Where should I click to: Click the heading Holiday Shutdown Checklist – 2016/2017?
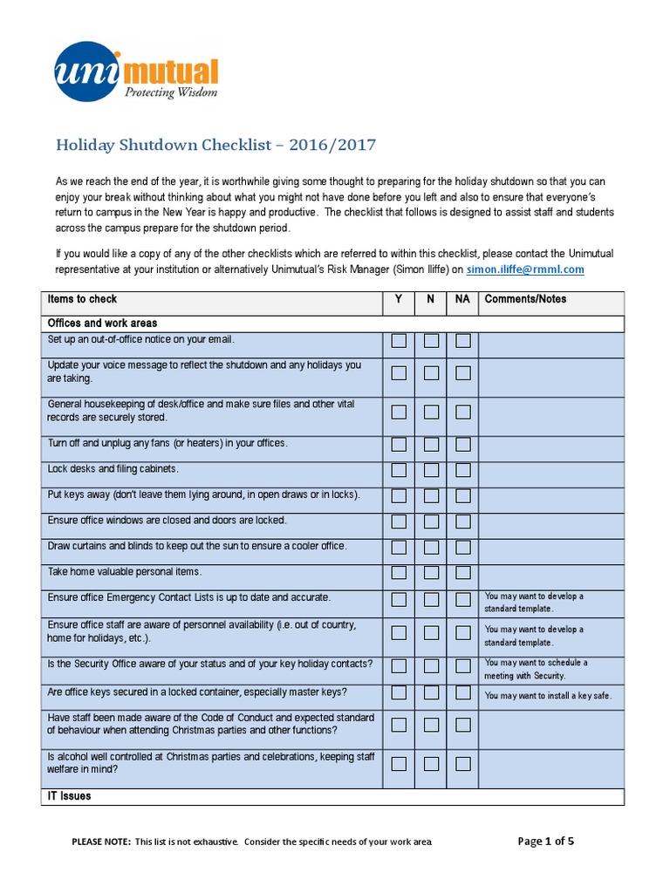(215, 144)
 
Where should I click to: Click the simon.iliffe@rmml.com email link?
(525, 269)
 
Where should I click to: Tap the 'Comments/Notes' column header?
(525, 299)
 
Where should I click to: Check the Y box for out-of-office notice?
(399, 341)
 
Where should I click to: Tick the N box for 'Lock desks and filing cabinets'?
(431, 470)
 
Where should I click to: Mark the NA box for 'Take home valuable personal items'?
(462, 573)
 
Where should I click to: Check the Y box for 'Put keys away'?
(399, 496)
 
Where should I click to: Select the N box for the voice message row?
(431, 373)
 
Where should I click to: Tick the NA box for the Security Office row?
(462, 666)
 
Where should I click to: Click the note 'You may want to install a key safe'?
(548, 696)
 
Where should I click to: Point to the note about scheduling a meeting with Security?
(537, 669)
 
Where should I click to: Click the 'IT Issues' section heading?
(69, 796)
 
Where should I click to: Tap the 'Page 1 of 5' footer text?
(546, 842)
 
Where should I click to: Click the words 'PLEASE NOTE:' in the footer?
(100, 842)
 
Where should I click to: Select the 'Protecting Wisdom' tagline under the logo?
(170, 92)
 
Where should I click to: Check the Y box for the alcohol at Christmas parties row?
(399, 764)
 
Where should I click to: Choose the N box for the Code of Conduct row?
(431, 725)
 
